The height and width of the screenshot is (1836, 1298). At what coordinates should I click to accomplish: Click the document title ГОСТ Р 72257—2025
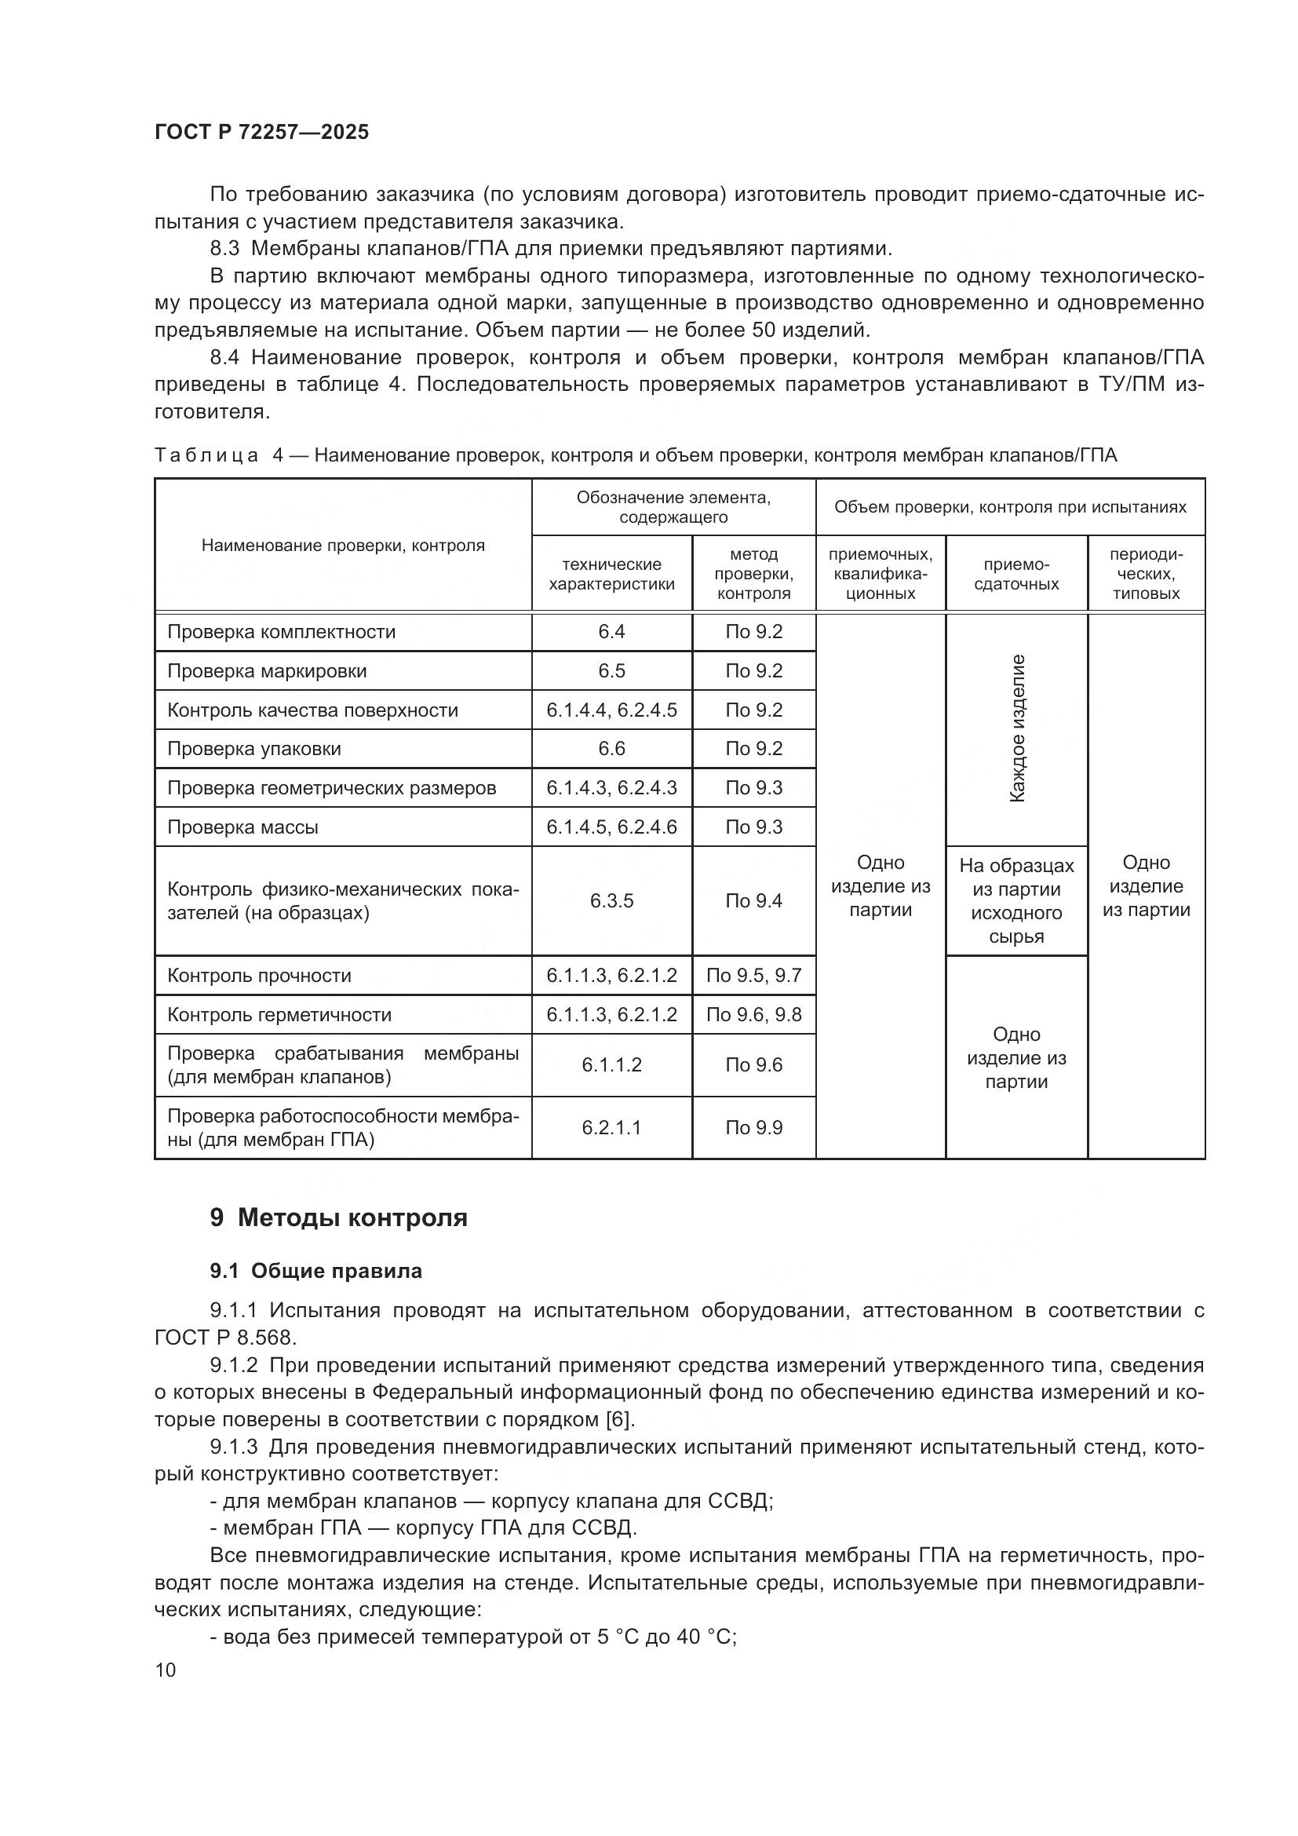tap(261, 132)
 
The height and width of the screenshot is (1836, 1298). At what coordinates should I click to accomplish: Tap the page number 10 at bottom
tap(166, 1670)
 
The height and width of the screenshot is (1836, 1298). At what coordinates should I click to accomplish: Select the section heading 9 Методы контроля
tap(338, 1218)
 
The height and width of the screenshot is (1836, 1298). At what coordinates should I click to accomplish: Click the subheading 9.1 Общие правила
tap(315, 1271)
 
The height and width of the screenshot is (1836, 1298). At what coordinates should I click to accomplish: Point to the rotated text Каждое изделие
tap(1016, 728)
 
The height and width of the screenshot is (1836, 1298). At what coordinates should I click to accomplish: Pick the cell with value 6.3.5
tap(611, 901)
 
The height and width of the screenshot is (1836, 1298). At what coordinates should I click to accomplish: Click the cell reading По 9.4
tap(753, 901)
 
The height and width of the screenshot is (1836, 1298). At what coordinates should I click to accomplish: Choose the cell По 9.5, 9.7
tap(753, 976)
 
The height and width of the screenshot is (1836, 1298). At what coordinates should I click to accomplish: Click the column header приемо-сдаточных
tap(1015, 574)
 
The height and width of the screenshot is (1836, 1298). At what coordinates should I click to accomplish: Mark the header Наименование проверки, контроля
tap(343, 546)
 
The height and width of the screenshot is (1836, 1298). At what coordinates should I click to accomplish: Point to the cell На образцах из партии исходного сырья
tap(1015, 900)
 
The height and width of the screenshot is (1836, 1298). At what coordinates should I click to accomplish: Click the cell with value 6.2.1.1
tap(611, 1127)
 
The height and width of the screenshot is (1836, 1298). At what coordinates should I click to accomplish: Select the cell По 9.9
tap(753, 1127)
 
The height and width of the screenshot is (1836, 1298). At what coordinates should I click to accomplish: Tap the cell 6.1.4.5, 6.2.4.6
tap(611, 827)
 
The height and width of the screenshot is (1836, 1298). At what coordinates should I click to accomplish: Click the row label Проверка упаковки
tap(253, 749)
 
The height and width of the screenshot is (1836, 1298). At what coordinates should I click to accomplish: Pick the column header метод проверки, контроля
tap(753, 574)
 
